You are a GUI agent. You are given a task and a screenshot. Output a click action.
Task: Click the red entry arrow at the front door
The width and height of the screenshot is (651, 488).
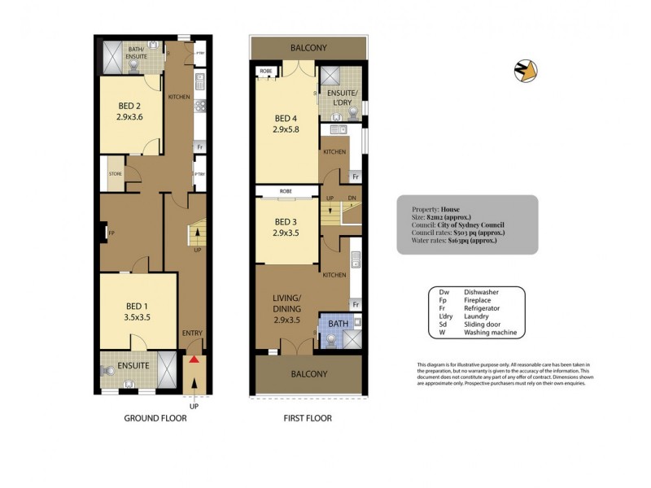pos(194,360)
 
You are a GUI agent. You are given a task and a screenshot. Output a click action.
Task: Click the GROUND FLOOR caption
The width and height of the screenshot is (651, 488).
pos(155,419)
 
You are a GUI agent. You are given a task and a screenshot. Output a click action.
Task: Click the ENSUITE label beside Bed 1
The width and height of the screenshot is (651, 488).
pos(133,366)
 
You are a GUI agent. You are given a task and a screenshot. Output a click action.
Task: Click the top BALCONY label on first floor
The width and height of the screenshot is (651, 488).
pos(308,48)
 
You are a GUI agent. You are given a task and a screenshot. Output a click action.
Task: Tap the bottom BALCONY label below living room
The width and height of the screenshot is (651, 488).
pos(308,374)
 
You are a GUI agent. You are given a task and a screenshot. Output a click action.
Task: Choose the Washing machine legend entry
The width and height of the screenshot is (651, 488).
pos(492,333)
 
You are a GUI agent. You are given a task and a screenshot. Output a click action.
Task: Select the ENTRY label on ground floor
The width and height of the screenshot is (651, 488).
pos(193,333)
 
